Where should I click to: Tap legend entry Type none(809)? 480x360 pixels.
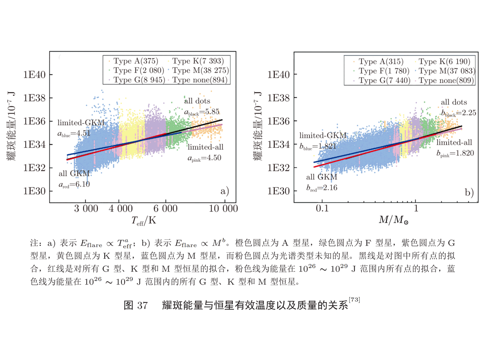(x=444, y=80)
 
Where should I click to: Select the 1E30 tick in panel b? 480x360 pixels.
(x=279, y=191)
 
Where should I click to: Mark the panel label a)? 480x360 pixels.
(x=225, y=192)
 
